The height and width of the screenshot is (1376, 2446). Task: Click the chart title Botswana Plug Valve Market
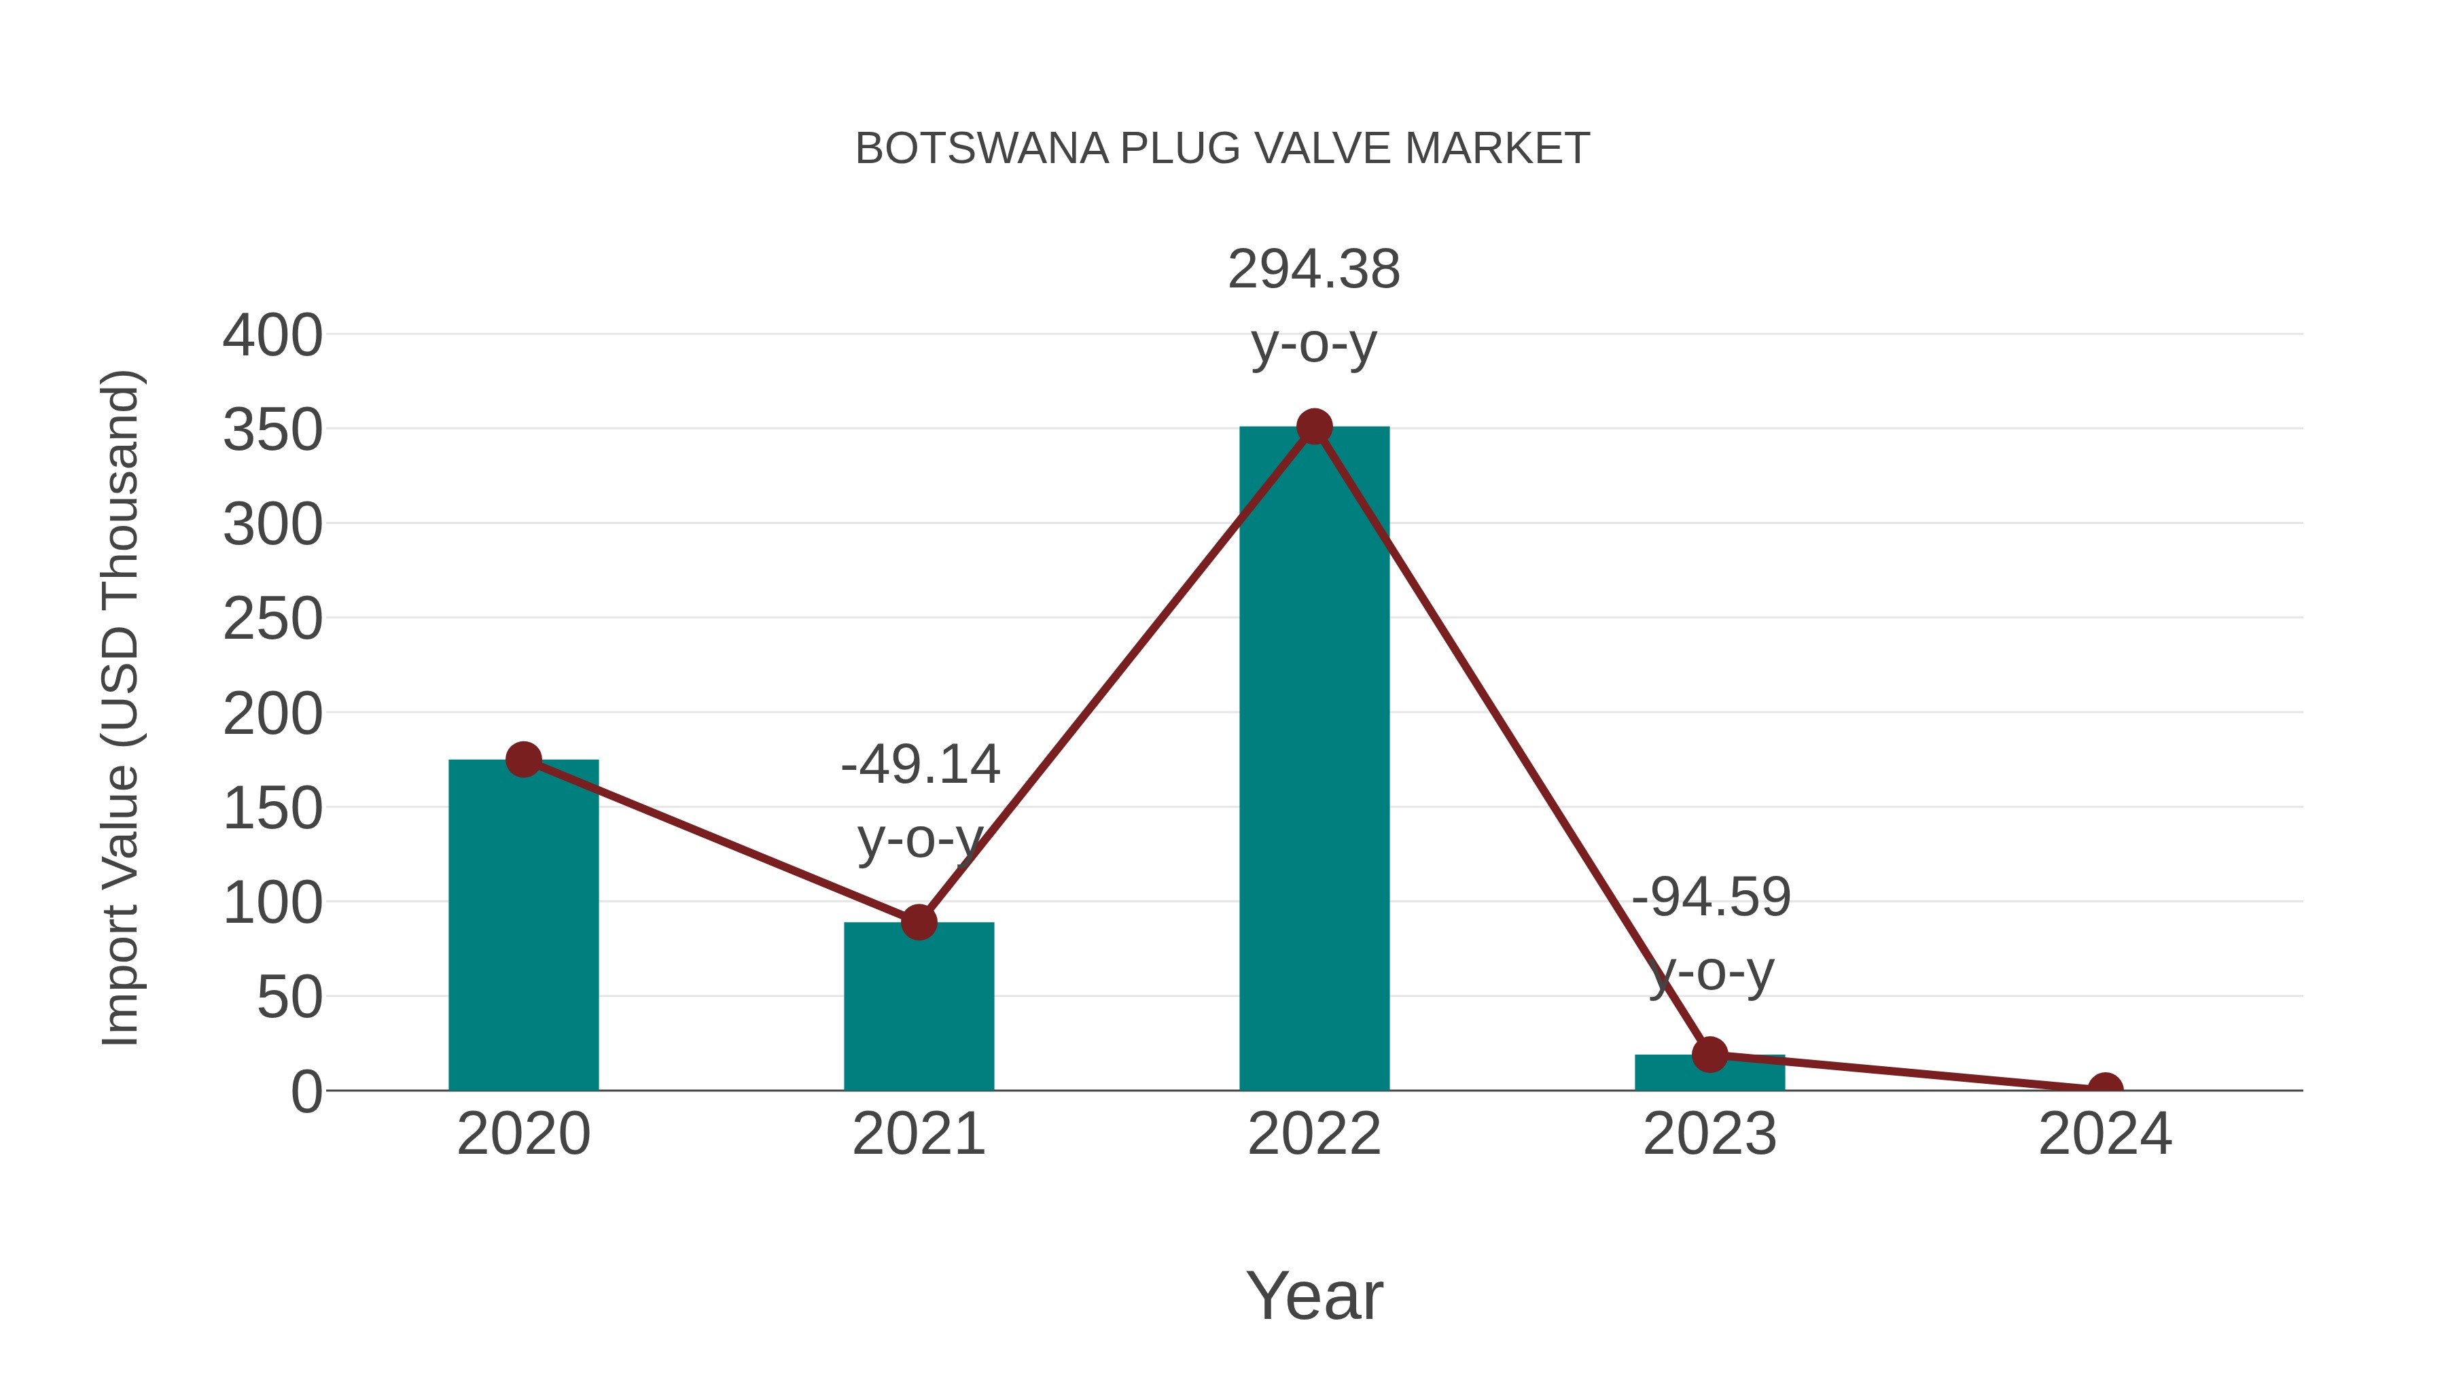(1222, 149)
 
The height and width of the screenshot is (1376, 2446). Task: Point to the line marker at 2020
(523, 760)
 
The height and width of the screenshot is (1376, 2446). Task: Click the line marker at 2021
(918, 922)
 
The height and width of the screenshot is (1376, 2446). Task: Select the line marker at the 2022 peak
(1314, 427)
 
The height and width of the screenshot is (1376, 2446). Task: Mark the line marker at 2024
(2105, 1089)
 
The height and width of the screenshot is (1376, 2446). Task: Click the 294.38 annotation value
(1314, 270)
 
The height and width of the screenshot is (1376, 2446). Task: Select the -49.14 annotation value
(920, 765)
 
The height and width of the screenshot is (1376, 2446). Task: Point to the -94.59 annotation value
(1711, 898)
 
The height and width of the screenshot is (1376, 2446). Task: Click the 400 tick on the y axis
(272, 336)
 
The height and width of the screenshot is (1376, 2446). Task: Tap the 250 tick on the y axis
(272, 620)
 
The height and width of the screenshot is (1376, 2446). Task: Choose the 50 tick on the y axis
(289, 999)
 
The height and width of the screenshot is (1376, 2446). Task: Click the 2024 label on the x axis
(2105, 1135)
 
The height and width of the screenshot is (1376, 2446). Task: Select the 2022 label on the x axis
(1314, 1135)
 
